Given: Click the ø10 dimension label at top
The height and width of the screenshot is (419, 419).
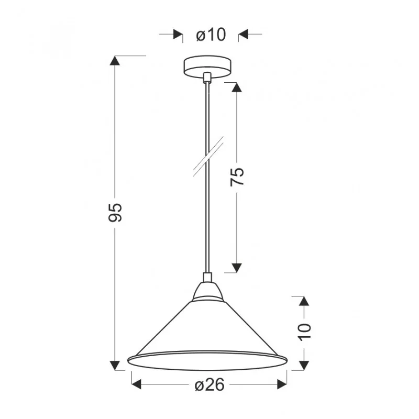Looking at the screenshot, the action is [211, 35].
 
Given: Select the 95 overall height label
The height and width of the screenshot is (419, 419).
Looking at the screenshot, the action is [115, 213].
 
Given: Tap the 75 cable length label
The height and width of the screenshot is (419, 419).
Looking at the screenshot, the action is [237, 177].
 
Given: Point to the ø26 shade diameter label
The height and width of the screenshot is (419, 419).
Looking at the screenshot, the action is [210, 385].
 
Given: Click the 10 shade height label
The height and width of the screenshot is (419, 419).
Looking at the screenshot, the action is [305, 332].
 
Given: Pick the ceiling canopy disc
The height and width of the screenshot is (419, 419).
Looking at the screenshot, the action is [207, 67].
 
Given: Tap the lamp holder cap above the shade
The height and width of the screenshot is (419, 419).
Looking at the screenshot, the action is [207, 291].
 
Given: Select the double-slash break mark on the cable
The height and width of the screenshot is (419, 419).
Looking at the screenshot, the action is [208, 157].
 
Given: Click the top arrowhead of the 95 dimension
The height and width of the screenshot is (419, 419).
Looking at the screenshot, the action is [115, 60].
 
